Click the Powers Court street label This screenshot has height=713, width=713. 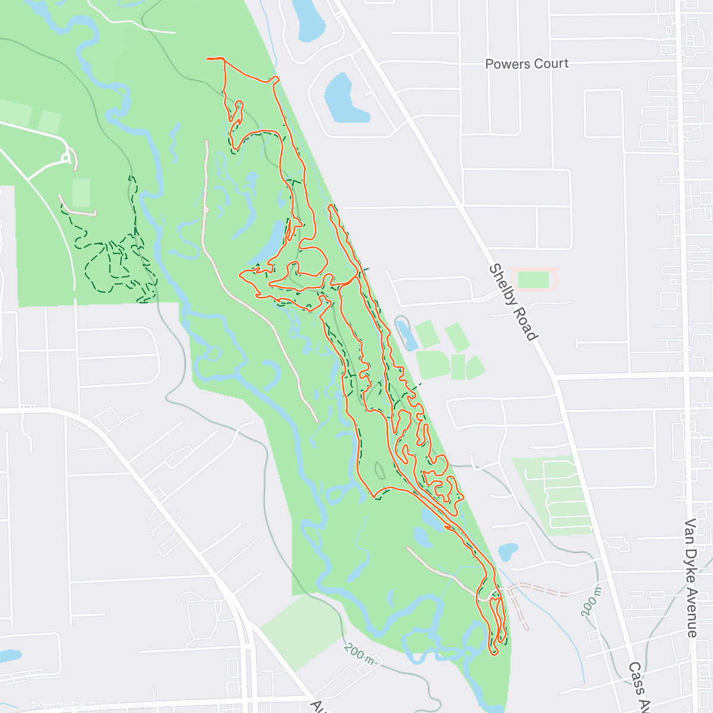526,64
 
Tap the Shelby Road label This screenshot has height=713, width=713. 513,302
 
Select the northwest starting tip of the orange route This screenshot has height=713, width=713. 208,59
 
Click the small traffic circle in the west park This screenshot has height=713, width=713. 67,158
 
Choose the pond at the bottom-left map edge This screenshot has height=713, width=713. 8,655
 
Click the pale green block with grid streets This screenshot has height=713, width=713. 556,493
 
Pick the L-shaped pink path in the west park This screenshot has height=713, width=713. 77,209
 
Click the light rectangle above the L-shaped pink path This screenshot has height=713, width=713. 81,191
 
